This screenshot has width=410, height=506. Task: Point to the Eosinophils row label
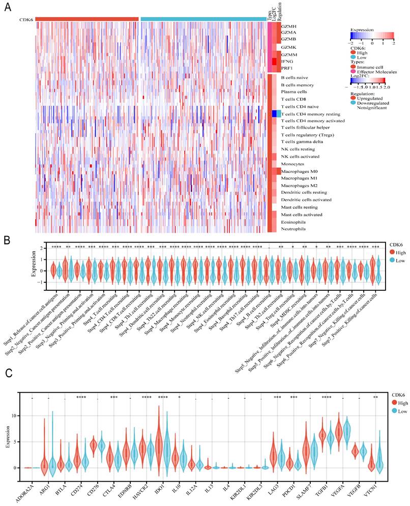[294, 222]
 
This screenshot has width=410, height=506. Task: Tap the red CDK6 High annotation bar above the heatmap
[87, 19]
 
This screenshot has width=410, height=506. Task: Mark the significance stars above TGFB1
[326, 398]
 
